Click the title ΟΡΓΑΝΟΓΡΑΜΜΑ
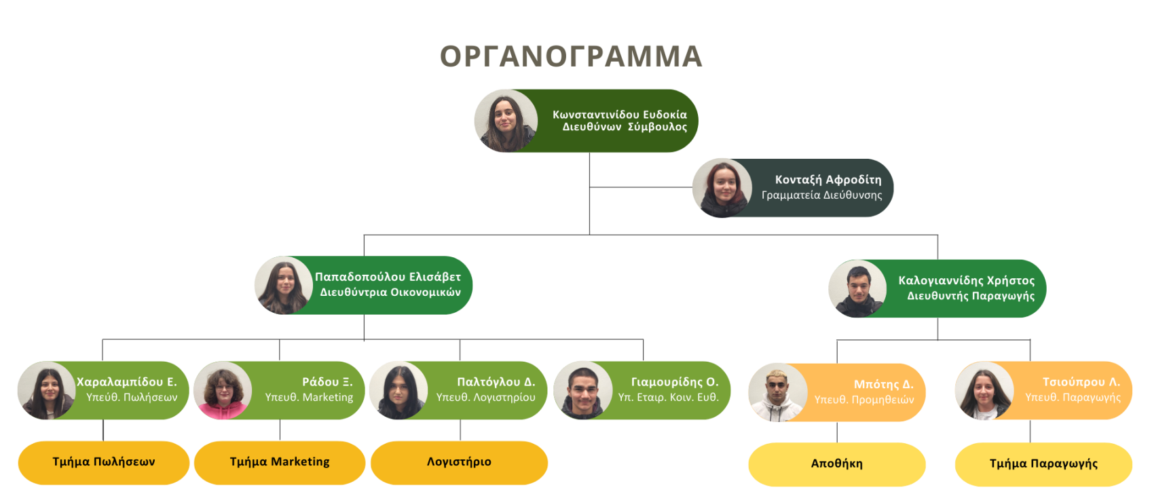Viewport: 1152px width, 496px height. [570, 56]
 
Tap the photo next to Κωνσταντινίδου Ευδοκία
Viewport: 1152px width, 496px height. [505, 121]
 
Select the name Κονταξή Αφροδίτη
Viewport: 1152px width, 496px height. [828, 180]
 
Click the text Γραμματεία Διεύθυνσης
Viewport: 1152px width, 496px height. [821, 195]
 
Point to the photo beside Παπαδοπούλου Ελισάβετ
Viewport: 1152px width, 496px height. [283, 286]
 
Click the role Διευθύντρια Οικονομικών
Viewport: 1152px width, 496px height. [390, 292]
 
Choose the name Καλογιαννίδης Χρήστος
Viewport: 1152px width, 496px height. [966, 280]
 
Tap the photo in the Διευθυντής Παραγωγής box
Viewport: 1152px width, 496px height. [857, 289]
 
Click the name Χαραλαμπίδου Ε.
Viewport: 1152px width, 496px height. [127, 382]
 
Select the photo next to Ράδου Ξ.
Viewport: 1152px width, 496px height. [222, 392]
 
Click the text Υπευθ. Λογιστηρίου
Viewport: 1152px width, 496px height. [485, 398]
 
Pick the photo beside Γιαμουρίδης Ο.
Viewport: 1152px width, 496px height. [582, 391]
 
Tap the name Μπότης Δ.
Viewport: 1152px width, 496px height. [883, 384]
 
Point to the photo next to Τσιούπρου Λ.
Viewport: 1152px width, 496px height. [984, 392]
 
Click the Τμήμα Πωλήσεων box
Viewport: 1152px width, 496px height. [104, 462]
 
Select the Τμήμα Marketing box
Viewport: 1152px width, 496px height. [280, 462]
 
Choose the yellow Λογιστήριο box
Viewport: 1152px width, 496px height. [459, 462]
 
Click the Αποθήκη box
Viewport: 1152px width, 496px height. [836, 464]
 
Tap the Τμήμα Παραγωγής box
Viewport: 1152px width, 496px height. [1043, 464]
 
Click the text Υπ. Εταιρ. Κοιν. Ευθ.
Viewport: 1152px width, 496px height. [668, 398]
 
